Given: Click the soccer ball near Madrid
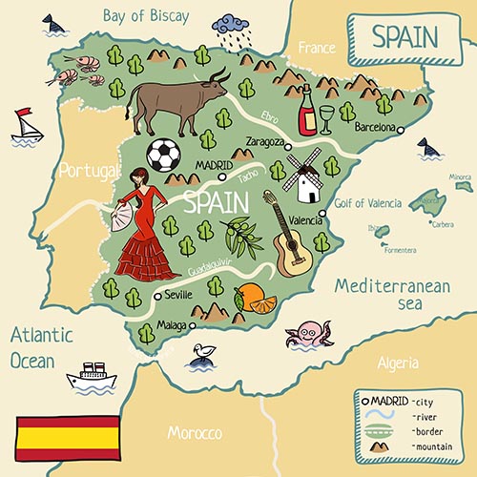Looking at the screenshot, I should [163, 156].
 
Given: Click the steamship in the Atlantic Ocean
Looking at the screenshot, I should [92, 377].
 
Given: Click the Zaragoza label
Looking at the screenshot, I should [265, 141].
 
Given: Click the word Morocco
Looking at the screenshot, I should [195, 432].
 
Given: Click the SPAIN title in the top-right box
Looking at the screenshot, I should [404, 36].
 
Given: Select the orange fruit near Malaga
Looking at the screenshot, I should [253, 299].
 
